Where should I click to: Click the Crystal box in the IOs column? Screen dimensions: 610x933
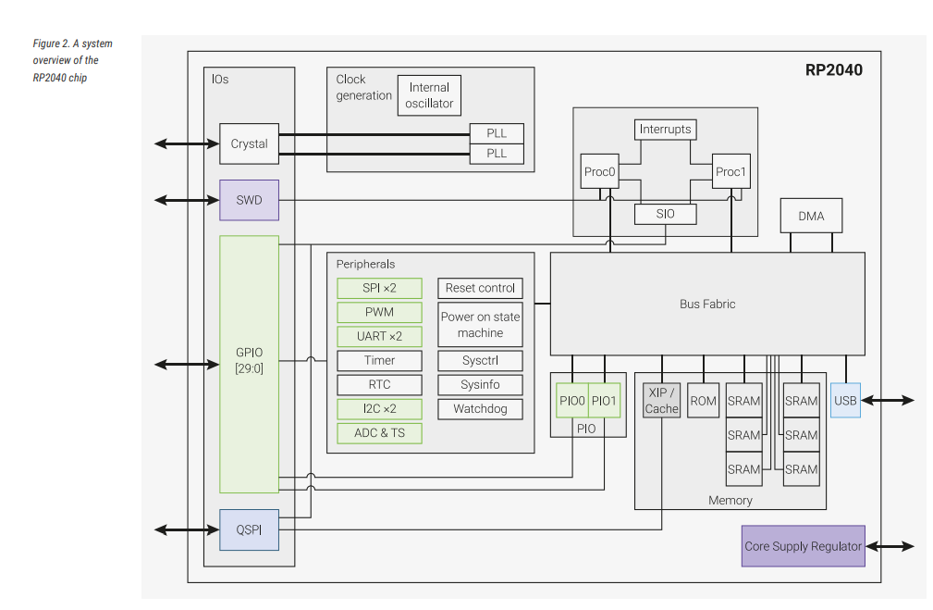(249, 144)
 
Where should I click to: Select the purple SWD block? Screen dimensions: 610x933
(249, 200)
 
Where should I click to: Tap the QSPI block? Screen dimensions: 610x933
(249, 529)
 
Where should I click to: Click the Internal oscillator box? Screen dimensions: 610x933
(429, 95)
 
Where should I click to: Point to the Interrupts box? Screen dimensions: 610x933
(665, 130)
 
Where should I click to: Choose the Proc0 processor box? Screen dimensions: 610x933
(600, 171)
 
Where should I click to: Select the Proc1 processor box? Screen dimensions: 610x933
(730, 171)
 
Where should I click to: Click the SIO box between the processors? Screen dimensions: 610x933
(665, 214)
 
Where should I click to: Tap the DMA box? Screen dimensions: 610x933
(811, 216)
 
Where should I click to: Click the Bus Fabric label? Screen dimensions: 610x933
(707, 304)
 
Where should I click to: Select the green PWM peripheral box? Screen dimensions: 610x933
(379, 312)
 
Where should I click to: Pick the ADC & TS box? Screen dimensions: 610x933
(379, 433)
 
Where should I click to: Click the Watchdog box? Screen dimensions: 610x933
(480, 409)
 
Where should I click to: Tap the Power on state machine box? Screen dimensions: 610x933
(480, 325)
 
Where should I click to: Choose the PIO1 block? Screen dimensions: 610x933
(603, 401)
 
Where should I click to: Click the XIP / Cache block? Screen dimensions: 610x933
(661, 401)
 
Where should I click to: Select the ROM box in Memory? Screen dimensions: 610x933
(703, 401)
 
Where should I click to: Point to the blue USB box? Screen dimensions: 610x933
(845, 401)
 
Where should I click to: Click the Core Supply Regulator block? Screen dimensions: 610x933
(803, 546)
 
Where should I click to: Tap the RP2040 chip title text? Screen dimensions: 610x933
(833, 69)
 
